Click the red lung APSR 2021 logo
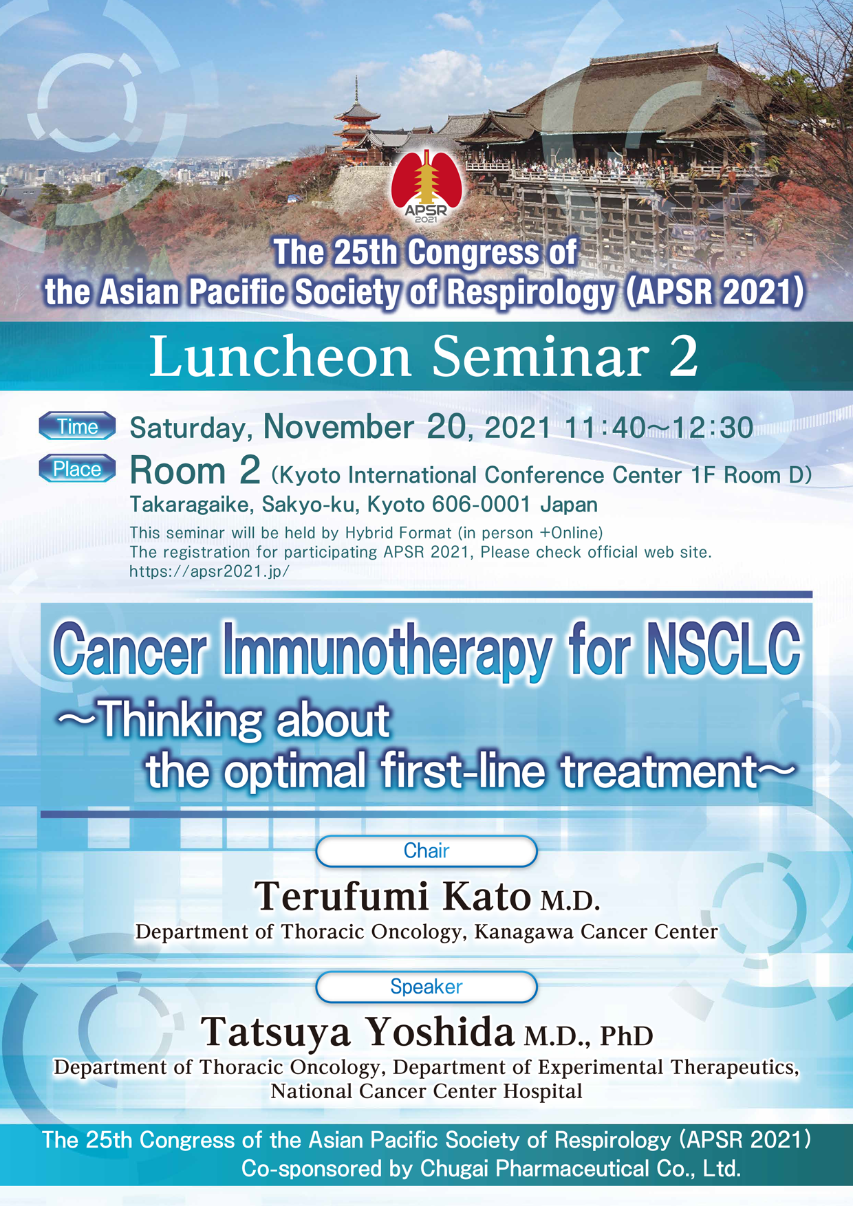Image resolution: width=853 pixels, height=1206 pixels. pos(426,186)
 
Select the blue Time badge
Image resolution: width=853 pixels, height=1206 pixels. pos(77,426)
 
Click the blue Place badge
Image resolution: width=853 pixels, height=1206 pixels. pos(77,469)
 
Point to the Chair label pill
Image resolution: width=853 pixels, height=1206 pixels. pos(426,851)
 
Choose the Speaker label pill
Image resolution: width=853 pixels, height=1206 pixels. pos(426,987)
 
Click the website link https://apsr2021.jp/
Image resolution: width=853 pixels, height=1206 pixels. pos(210,571)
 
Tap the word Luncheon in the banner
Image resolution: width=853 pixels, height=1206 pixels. pos(280,357)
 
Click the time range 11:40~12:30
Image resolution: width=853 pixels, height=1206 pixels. pos(658,428)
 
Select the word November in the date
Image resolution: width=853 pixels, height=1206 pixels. pos(338,427)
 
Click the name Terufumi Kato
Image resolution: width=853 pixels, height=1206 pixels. pos(393,897)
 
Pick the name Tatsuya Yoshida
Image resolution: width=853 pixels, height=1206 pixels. pos(358,1033)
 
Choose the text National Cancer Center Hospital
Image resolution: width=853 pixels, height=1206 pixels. pos(426,1091)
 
